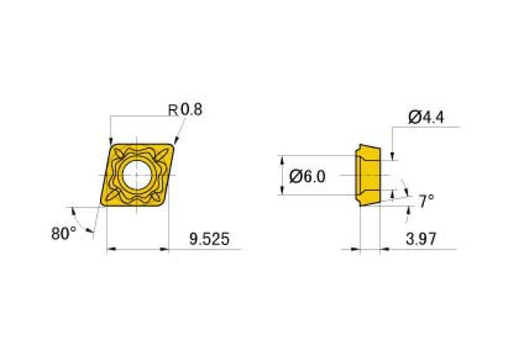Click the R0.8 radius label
[185, 110]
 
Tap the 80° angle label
[63, 233]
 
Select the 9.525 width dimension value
[209, 240]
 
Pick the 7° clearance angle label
[425, 201]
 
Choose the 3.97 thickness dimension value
[422, 240]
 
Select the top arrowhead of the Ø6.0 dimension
[284, 158]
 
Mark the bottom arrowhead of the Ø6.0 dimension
[284, 193]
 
